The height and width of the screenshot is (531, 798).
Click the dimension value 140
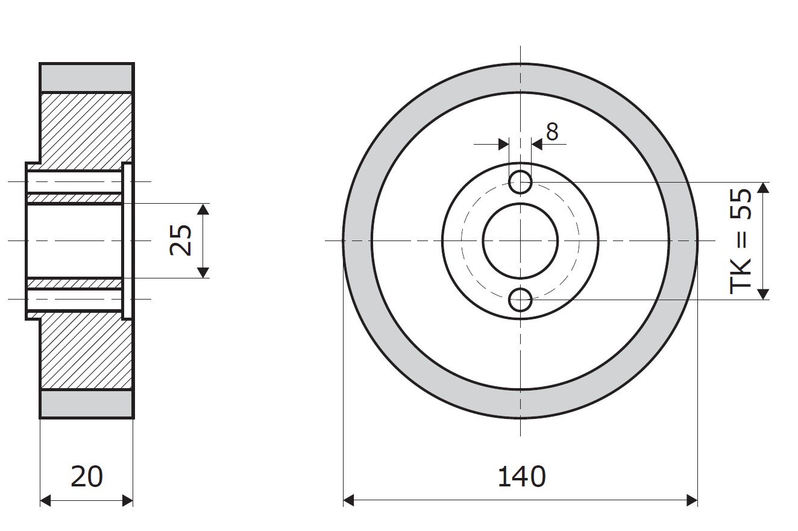pos(521,477)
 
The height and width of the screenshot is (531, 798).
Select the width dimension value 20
pos(87,477)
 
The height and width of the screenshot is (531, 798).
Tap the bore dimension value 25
pos(181,240)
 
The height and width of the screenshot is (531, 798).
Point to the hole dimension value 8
pos(552,132)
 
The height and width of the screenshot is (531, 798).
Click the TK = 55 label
pos(740,242)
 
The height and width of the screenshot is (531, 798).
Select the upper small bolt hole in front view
pos(520,182)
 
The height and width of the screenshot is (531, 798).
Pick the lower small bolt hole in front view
pos(520,300)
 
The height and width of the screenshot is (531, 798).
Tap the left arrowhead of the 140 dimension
pos(348,500)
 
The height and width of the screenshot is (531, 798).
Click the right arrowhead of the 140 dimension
pos(692,500)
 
